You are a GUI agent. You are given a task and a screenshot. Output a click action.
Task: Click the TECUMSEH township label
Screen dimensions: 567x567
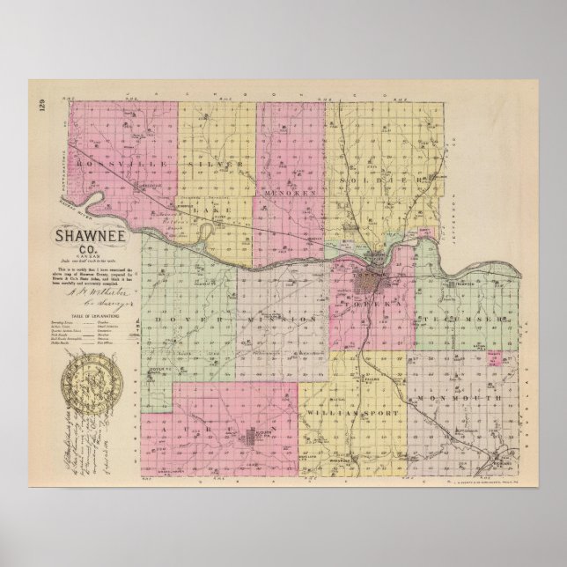[x=457, y=316]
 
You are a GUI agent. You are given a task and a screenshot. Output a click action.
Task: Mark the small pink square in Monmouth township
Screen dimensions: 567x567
[x=496, y=357]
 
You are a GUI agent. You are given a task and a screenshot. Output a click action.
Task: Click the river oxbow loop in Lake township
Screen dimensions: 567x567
[x=204, y=232]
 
